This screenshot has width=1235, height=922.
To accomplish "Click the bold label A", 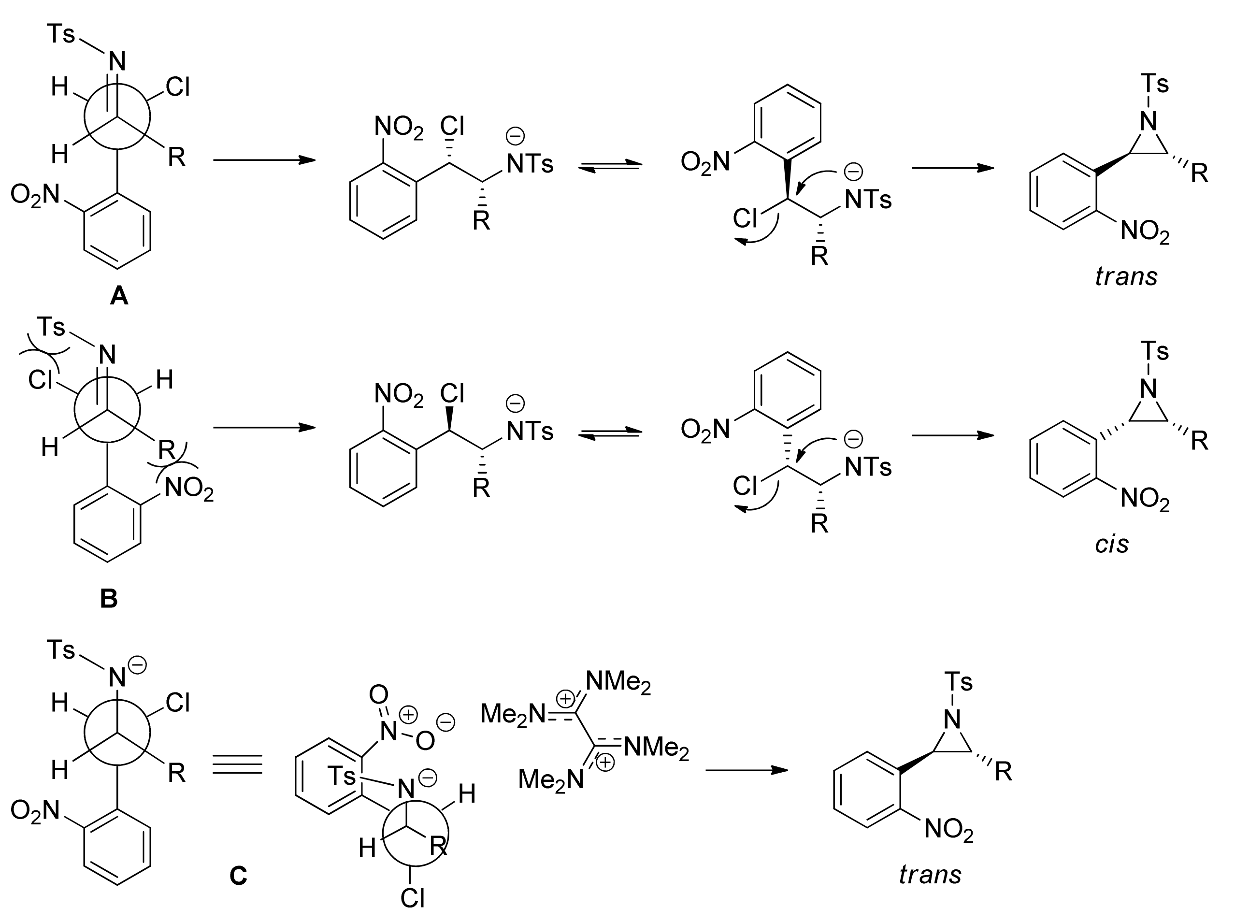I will (x=119, y=295).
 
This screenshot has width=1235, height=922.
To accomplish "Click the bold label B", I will (x=108, y=598).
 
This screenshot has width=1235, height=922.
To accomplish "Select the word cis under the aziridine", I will (x=1111, y=544).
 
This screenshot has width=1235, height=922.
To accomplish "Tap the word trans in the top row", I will (x=1126, y=276).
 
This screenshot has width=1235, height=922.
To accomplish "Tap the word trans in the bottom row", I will (x=930, y=875).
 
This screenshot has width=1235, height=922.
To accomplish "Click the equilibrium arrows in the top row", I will (x=610, y=165).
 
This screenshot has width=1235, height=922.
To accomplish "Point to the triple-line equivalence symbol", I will (x=237, y=764).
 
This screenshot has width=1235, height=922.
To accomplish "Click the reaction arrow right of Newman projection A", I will (x=264, y=160).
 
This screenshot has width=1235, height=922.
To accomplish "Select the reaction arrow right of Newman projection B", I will (x=264, y=428).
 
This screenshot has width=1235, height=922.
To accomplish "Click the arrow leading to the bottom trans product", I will (x=746, y=770).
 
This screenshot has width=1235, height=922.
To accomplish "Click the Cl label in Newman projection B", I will (x=40, y=380).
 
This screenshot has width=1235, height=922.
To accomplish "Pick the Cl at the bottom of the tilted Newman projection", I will (x=413, y=898).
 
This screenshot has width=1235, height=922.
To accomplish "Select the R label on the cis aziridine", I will (x=1199, y=441).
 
